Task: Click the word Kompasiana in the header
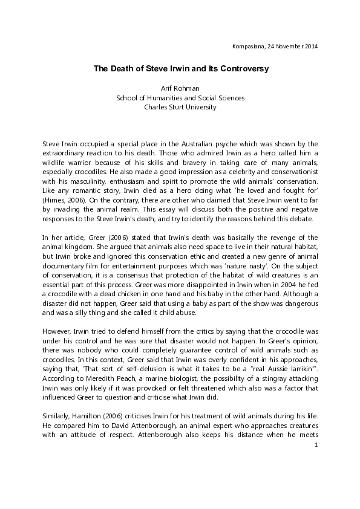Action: [x=247, y=46]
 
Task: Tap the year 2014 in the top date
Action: [x=310, y=46]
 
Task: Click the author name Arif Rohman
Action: [x=180, y=88]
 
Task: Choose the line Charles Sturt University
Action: [x=180, y=108]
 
